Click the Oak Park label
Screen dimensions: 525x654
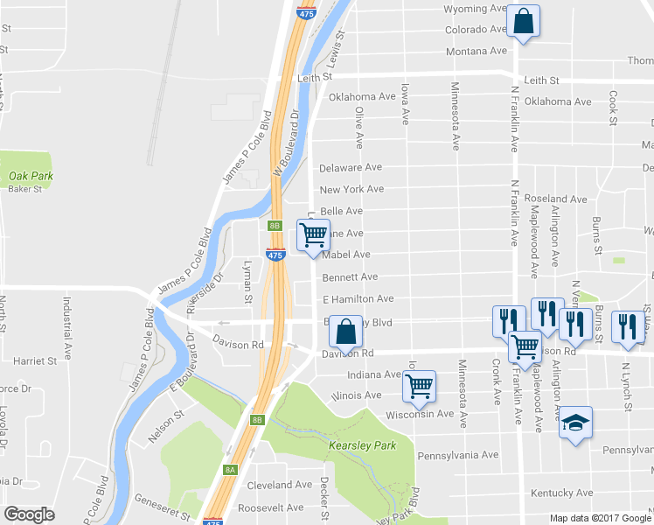(x=31, y=176)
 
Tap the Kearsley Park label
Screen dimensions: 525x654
(x=362, y=445)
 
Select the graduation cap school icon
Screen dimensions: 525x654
(x=575, y=423)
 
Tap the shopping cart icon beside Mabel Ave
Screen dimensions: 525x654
(x=313, y=234)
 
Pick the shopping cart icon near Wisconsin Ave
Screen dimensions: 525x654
(x=420, y=385)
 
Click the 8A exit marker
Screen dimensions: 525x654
(x=230, y=470)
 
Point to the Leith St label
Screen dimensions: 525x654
(x=316, y=77)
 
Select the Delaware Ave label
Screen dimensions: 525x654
(x=351, y=167)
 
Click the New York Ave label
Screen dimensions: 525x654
(x=351, y=189)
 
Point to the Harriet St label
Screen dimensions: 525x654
(x=35, y=360)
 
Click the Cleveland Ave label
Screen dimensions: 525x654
(x=279, y=484)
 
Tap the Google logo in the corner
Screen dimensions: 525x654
(x=29, y=514)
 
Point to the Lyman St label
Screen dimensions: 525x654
(x=248, y=280)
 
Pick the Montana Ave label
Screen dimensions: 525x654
(x=477, y=52)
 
